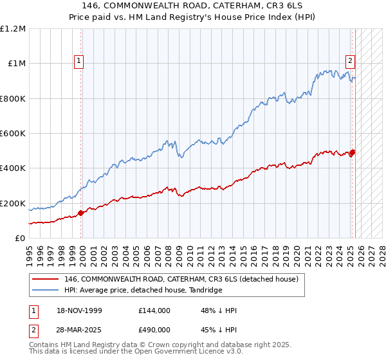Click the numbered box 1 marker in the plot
tap(78, 61)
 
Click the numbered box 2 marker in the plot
tap(350, 61)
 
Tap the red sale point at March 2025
tap(353, 152)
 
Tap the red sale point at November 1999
tap(81, 213)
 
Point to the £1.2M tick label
tap(13, 28)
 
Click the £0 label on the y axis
tap(20, 238)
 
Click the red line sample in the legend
tap(46, 280)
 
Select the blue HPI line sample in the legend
tap(46, 291)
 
